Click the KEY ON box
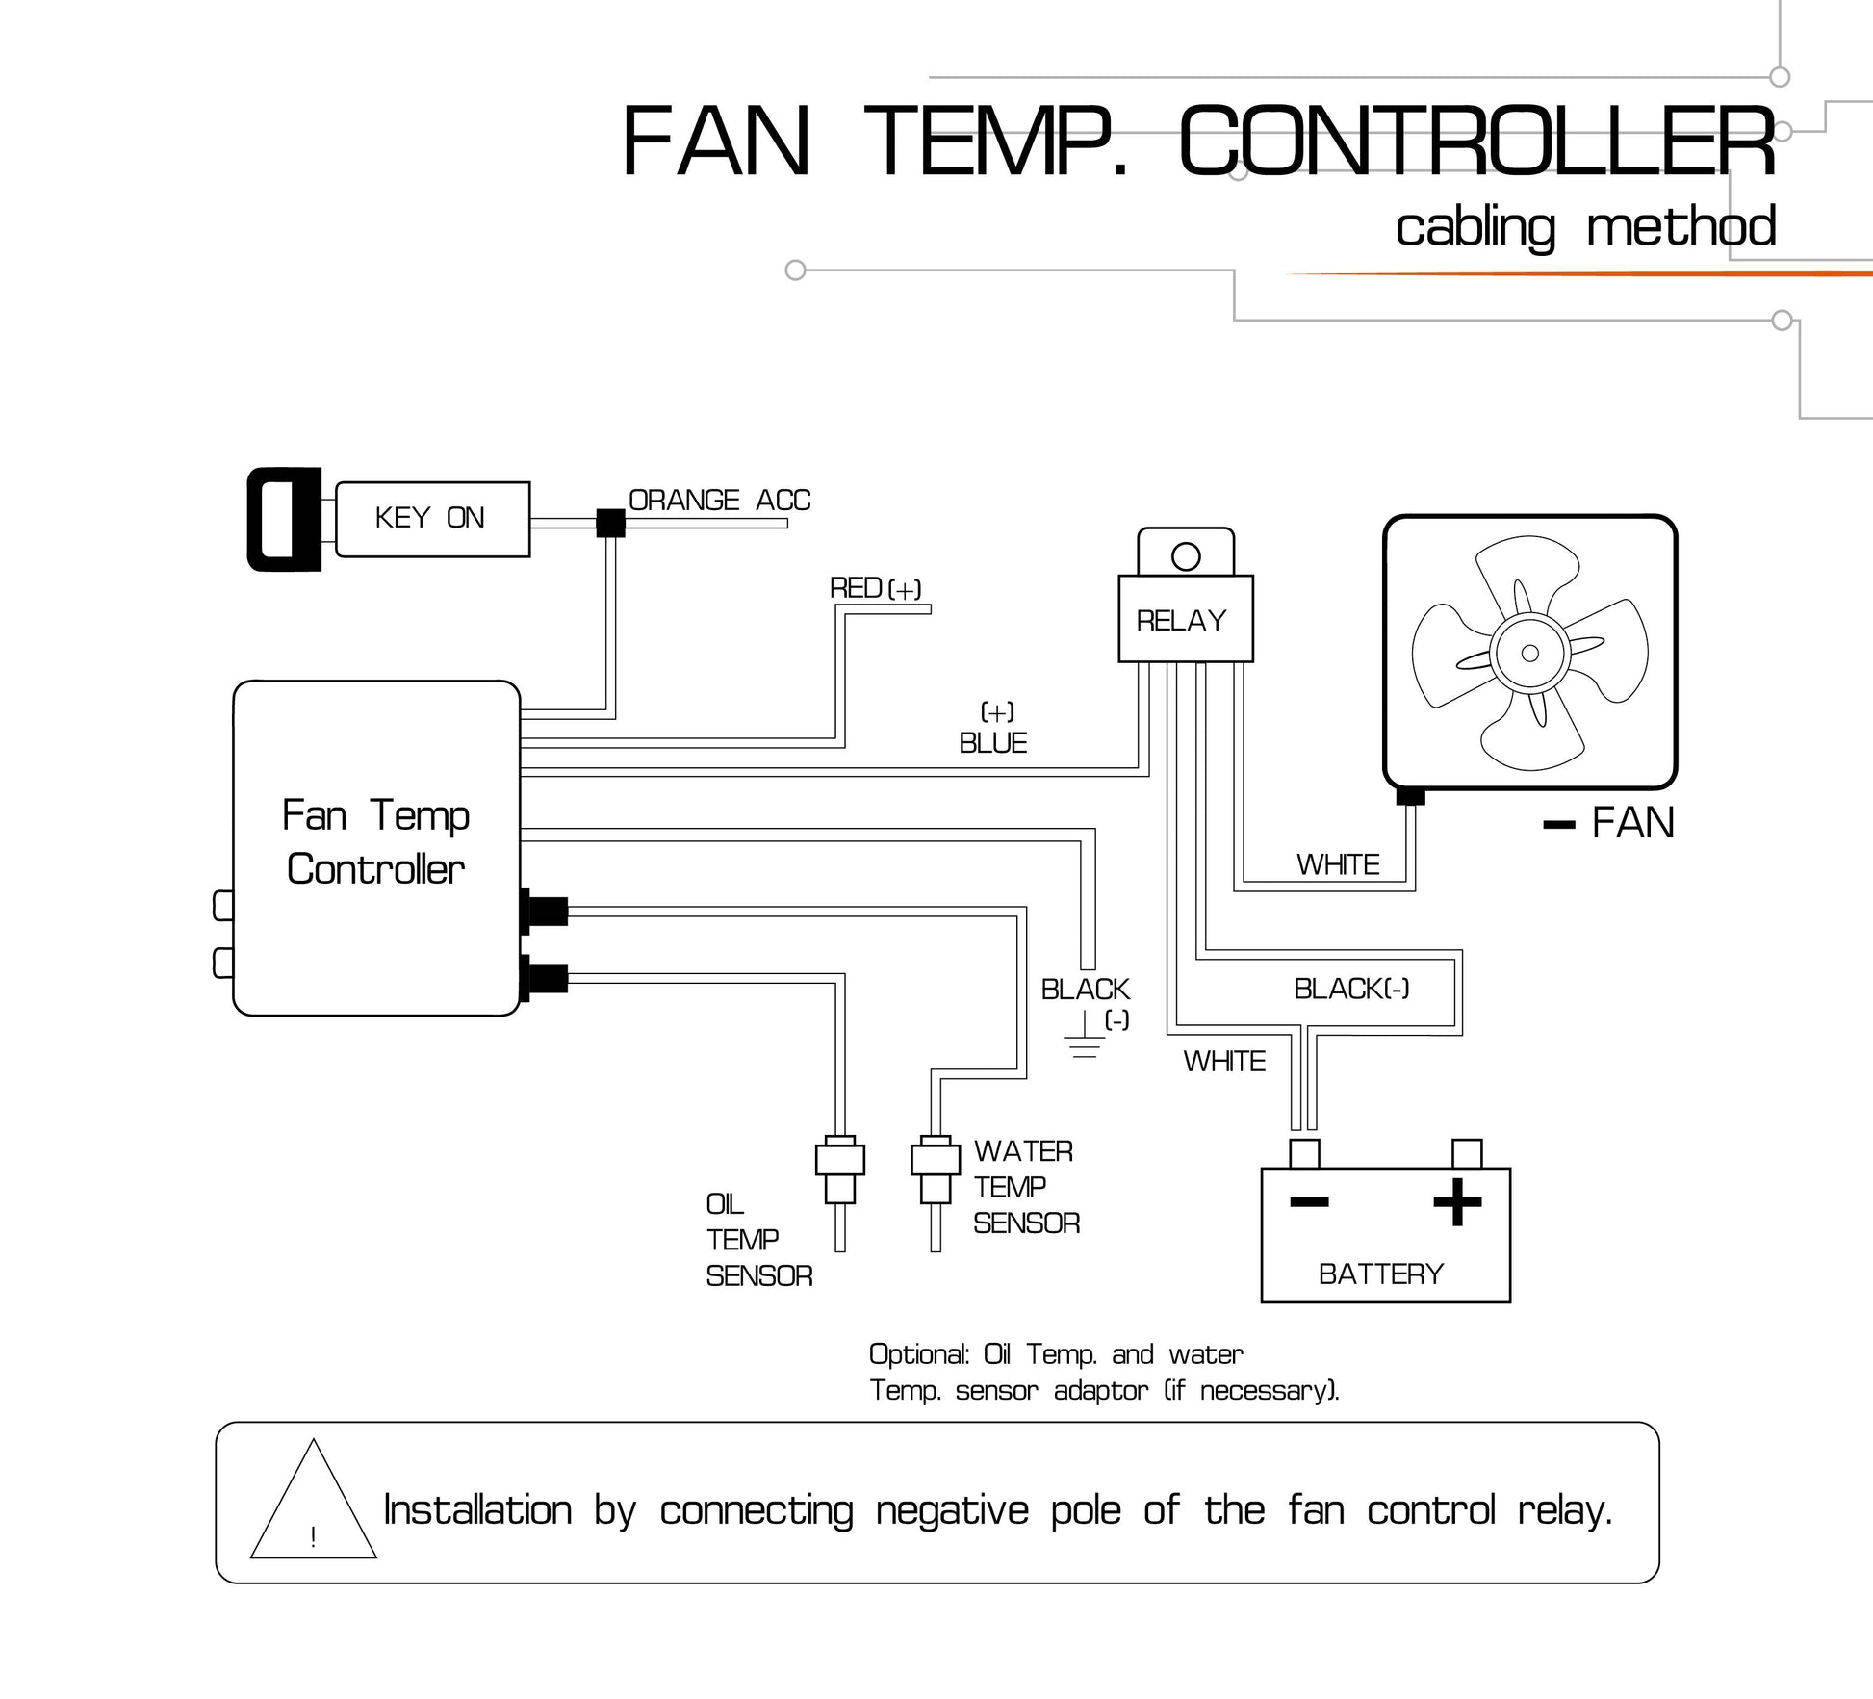coord(432,519)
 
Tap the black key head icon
coord(285,519)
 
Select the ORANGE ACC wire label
coord(719,501)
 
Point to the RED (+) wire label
coord(875,588)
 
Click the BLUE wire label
coord(993,743)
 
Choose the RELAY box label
coord(1181,621)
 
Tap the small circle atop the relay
coord(1186,556)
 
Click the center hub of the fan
coord(1529,654)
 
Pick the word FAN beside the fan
coord(1633,823)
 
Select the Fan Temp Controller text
coord(375,842)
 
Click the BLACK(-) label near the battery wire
coord(1351,989)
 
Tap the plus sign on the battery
coord(1457,1202)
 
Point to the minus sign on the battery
coord(1309,1201)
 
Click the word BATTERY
coord(1381,1274)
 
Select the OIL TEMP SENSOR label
coord(759,1240)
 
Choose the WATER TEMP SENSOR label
coord(1026,1187)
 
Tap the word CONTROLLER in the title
coord(1477,142)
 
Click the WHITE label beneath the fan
coord(1338,864)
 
